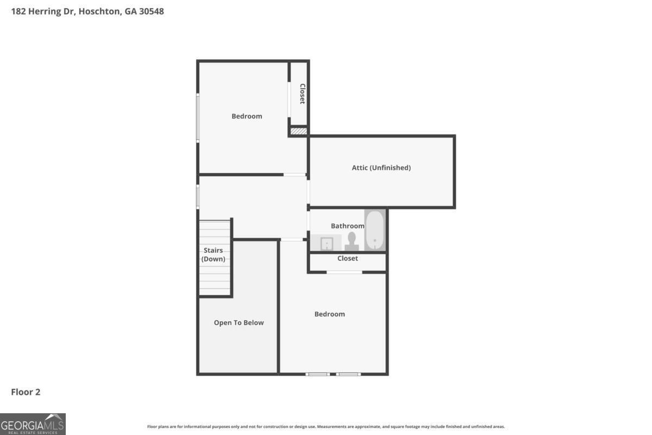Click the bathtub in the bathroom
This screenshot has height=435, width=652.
(374, 230)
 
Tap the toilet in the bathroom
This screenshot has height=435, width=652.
(352, 241)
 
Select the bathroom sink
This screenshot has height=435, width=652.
(327, 244)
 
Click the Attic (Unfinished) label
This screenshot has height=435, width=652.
(381, 167)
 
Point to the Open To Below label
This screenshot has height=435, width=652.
(239, 322)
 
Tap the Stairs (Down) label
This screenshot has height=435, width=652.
(213, 254)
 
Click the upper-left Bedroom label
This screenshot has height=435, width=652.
(247, 116)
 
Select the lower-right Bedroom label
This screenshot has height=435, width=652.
(329, 314)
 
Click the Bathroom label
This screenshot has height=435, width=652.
(347, 226)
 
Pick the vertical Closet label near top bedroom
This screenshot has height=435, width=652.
(302, 94)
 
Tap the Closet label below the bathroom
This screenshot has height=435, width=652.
(347, 258)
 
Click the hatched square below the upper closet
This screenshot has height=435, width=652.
(298, 131)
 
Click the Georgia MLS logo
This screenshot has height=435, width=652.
(33, 424)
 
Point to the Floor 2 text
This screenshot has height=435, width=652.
(26, 391)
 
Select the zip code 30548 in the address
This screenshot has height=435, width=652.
(151, 11)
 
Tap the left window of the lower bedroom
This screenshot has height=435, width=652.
(317, 374)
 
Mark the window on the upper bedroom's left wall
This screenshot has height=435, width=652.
(198, 117)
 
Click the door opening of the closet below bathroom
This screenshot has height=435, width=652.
(344, 272)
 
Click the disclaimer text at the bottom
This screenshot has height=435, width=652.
(326, 427)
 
